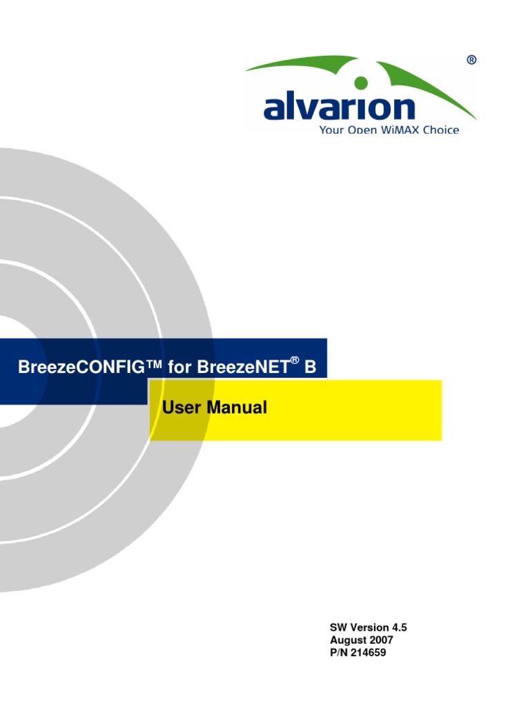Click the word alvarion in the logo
[x=339, y=108]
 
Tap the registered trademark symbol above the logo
[x=471, y=61]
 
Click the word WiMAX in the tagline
[x=397, y=130]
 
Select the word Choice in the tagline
[x=440, y=130]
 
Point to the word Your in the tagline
[x=331, y=130]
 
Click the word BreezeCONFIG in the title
[x=88, y=367]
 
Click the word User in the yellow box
[x=180, y=407]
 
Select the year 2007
[x=380, y=640]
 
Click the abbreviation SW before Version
[x=337, y=627]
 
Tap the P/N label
[x=339, y=652]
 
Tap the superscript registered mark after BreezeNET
[x=294, y=360]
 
